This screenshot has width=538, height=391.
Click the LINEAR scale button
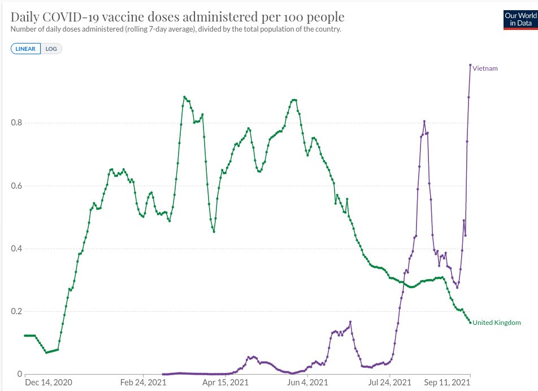click(25, 49)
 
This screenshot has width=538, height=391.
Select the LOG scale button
click(51, 49)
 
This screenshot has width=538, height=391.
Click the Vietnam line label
click(485, 68)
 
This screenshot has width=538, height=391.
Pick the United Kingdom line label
click(496, 323)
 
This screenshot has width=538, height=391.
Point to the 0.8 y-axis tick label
click(18, 123)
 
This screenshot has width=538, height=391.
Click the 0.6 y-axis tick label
click(18, 186)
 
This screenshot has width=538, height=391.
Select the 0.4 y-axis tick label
click(18, 249)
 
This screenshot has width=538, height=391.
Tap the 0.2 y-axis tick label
click(18, 311)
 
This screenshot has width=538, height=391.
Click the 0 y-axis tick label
click(20, 374)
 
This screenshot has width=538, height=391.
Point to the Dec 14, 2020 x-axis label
click(49, 383)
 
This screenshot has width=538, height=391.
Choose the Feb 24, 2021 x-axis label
click(145, 383)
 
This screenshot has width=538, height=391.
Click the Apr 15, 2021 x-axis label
click(226, 383)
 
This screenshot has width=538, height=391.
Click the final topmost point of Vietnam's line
click(470, 65)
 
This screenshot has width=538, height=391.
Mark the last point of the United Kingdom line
click(470, 323)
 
